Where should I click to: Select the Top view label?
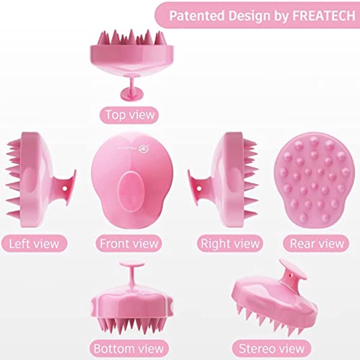[x=129, y=115]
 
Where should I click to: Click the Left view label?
[x=34, y=244]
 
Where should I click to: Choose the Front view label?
[x=129, y=244]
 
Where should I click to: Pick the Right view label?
[x=230, y=244]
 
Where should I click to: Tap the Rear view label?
[x=316, y=244]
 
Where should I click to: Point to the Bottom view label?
[x=129, y=348]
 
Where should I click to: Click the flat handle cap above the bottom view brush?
[x=131, y=264]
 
